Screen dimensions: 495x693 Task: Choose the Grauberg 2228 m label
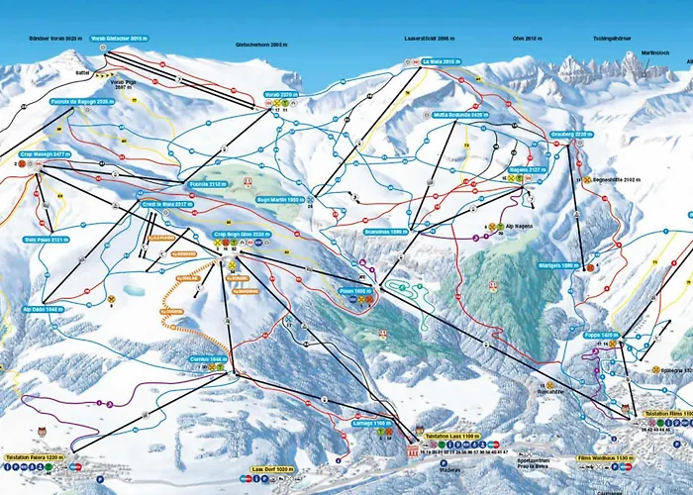570,133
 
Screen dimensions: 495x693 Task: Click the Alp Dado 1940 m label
43,309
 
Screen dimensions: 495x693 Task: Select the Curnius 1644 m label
208,358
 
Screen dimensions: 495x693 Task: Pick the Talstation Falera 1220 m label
35,457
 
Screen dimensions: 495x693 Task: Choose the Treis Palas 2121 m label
45,240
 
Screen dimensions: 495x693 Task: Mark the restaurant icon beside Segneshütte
587,180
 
